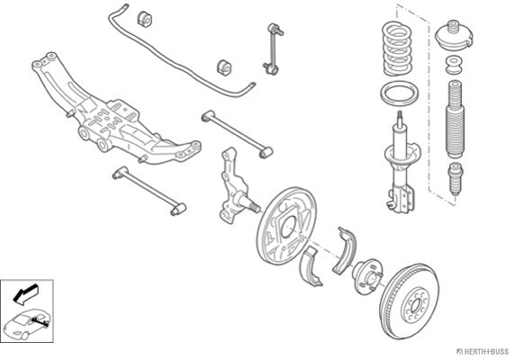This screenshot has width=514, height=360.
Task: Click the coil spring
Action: pyautogui.click(x=397, y=49)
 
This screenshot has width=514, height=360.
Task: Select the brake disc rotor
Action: pyautogui.click(x=410, y=301)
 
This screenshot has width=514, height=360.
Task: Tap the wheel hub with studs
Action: pyautogui.click(x=367, y=276)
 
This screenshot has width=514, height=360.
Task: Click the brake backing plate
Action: pyautogui.click(x=286, y=226)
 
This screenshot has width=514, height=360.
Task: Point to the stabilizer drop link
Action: pyautogui.click(x=273, y=49)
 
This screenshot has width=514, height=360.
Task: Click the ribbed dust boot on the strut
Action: pyautogui.click(x=455, y=119)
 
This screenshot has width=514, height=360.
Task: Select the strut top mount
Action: pyautogui.click(x=454, y=36)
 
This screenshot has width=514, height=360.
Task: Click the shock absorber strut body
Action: pyautogui.click(x=399, y=164)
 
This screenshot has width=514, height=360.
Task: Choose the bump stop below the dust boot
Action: pyautogui.click(x=455, y=178)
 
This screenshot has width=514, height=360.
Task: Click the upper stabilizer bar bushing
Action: pyautogui.click(x=144, y=19)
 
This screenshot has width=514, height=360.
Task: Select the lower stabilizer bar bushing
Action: pyautogui.click(x=224, y=67)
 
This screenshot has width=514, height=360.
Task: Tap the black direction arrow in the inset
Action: pyautogui.click(x=25, y=293)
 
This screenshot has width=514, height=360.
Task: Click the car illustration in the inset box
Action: pyautogui.click(x=26, y=324)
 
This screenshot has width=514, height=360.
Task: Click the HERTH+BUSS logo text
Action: pyautogui.click(x=483, y=352)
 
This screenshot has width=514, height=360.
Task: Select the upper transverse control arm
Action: pyautogui.click(x=237, y=134)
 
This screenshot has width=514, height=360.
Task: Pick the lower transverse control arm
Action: pyautogui.click(x=149, y=190)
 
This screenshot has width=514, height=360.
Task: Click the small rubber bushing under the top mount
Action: pyautogui.click(x=454, y=65)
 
